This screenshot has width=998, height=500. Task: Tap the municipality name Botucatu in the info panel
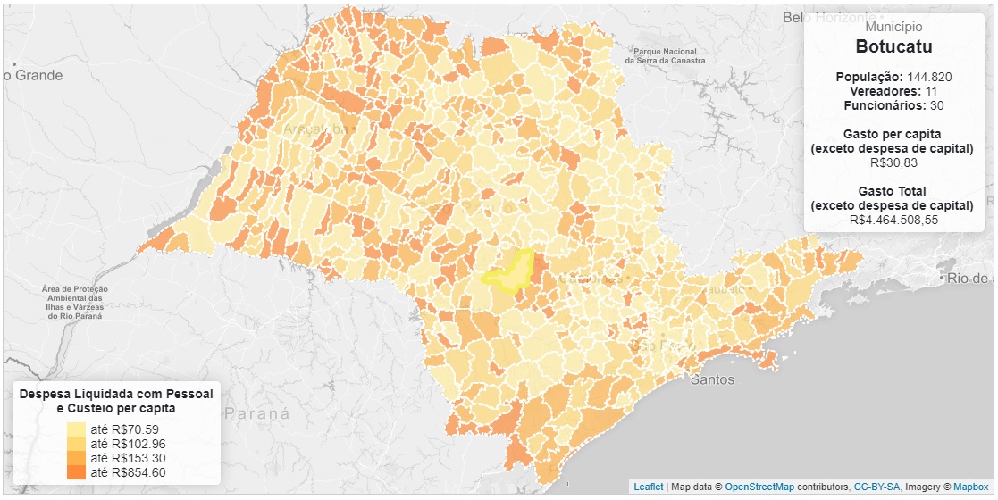tap(893, 47)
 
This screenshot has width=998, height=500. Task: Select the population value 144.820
tap(929, 77)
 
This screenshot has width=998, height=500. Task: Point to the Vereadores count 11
tap(931, 91)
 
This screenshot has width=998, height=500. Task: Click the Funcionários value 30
tap(937, 105)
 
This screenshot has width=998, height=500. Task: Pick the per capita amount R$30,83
tap(893, 163)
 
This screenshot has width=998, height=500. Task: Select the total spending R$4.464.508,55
tap(893, 220)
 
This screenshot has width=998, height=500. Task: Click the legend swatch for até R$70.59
tap(78, 429)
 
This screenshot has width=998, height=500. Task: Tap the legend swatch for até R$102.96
tap(78, 444)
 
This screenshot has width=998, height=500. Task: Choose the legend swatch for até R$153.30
tap(78, 458)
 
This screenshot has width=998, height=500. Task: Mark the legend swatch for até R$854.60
tap(78, 472)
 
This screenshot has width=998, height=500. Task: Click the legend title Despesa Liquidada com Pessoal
tap(116, 394)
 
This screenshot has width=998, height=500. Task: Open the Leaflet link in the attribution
tap(649, 487)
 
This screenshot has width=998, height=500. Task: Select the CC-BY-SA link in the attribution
tap(876, 487)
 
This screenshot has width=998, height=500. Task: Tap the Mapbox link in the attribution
tap(970, 487)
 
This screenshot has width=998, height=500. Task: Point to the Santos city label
tap(712, 379)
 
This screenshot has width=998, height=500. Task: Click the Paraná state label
tap(257, 414)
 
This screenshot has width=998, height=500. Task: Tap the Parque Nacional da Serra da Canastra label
tap(662, 55)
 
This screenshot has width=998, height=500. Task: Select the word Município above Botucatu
tap(893, 28)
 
